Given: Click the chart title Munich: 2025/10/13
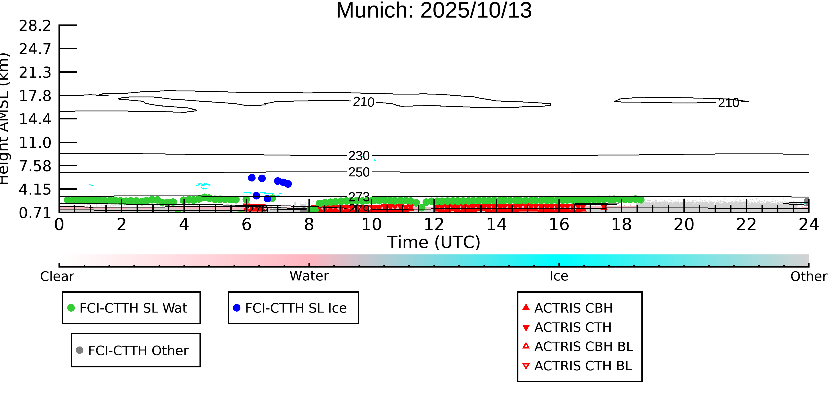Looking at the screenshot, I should [434, 10].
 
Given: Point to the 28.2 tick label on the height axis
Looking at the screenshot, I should [35, 26].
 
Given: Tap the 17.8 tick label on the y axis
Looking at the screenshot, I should [35, 96].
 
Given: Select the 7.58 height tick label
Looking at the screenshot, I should [35, 166].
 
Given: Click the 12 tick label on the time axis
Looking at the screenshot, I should [434, 225].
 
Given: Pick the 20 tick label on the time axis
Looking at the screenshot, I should [684, 225].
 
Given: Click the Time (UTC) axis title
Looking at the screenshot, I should [434, 242].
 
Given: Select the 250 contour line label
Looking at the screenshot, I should [359, 172].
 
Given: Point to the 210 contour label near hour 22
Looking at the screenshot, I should [728, 103].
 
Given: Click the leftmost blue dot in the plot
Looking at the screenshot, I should [252, 178].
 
